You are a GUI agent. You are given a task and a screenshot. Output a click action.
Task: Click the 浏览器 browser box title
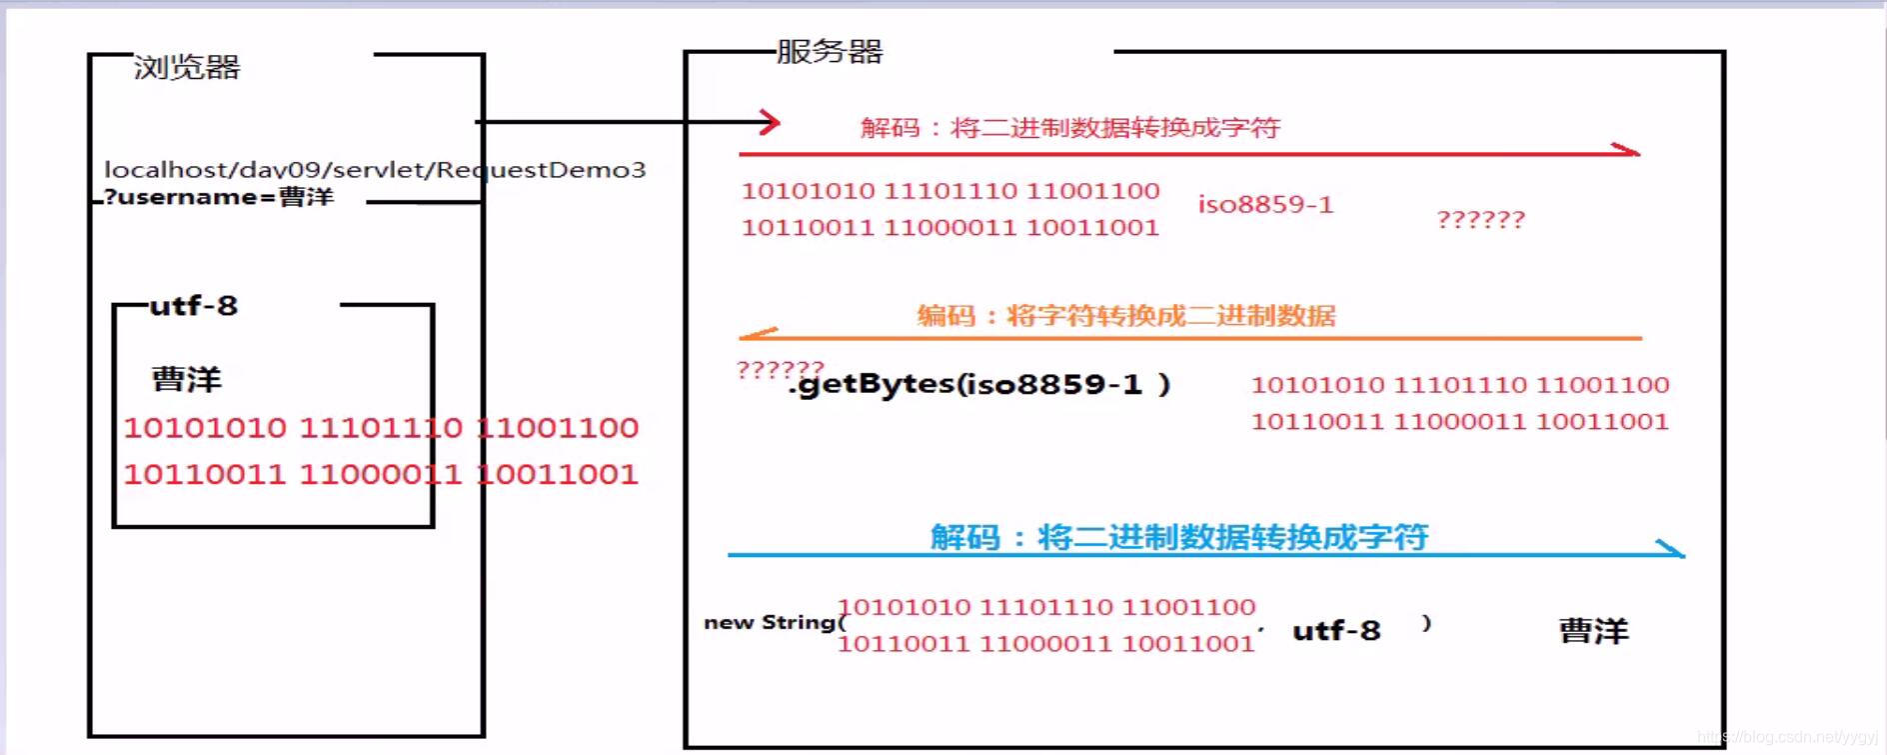(187, 68)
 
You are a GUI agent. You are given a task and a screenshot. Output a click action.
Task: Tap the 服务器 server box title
(830, 52)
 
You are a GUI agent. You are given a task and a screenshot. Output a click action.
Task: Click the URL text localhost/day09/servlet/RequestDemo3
(375, 170)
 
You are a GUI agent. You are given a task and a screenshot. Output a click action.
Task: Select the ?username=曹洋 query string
(219, 197)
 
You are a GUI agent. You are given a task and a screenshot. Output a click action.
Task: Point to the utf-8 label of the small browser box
(194, 306)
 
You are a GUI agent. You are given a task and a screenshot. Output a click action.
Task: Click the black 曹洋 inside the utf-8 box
(187, 380)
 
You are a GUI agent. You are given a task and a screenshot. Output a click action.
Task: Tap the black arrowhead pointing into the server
(770, 122)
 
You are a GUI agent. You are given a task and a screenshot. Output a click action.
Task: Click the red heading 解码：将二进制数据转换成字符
(1069, 128)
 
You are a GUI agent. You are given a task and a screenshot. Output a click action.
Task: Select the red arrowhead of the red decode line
(1627, 151)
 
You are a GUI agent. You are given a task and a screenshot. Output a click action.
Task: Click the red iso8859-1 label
(1265, 205)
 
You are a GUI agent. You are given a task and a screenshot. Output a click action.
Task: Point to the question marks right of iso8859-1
(1480, 220)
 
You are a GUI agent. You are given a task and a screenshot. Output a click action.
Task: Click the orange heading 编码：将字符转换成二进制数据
(1126, 316)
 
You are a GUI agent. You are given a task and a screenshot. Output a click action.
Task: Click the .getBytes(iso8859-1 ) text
(979, 385)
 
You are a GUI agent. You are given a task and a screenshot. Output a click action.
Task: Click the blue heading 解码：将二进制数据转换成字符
(1179, 537)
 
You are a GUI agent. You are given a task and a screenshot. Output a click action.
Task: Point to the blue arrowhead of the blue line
(1671, 548)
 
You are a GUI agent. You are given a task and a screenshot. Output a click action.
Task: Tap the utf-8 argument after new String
(1336, 631)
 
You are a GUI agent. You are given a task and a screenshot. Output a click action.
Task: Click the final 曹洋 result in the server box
(1593, 631)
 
